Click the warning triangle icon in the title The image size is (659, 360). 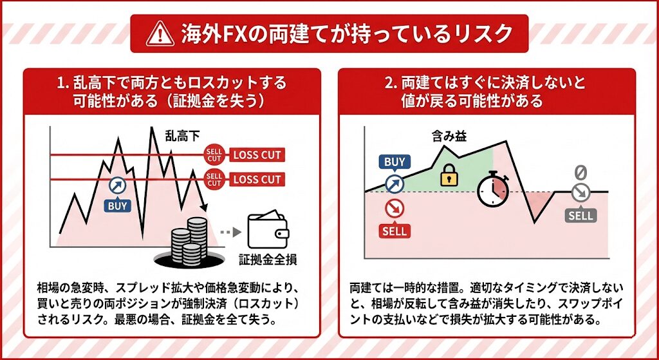click(x=160, y=34)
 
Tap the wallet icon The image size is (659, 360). click(x=268, y=230)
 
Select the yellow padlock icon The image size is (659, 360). click(x=449, y=175)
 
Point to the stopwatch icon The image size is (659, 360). click(x=493, y=190)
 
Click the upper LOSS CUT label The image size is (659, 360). click(x=257, y=155)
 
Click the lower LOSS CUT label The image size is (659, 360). click(x=257, y=179)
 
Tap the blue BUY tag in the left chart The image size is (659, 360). click(x=117, y=205)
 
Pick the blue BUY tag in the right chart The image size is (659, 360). click(x=394, y=162)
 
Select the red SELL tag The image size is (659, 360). click(x=394, y=231)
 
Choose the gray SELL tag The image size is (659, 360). click(x=581, y=216)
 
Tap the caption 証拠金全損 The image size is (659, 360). click(x=268, y=259)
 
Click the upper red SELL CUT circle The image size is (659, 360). click(x=214, y=155)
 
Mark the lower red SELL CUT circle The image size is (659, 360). click(x=214, y=179)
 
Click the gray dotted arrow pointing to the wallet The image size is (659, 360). click(x=231, y=232)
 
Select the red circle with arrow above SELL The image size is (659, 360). click(x=394, y=208)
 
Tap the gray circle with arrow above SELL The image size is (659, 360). click(x=581, y=193)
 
